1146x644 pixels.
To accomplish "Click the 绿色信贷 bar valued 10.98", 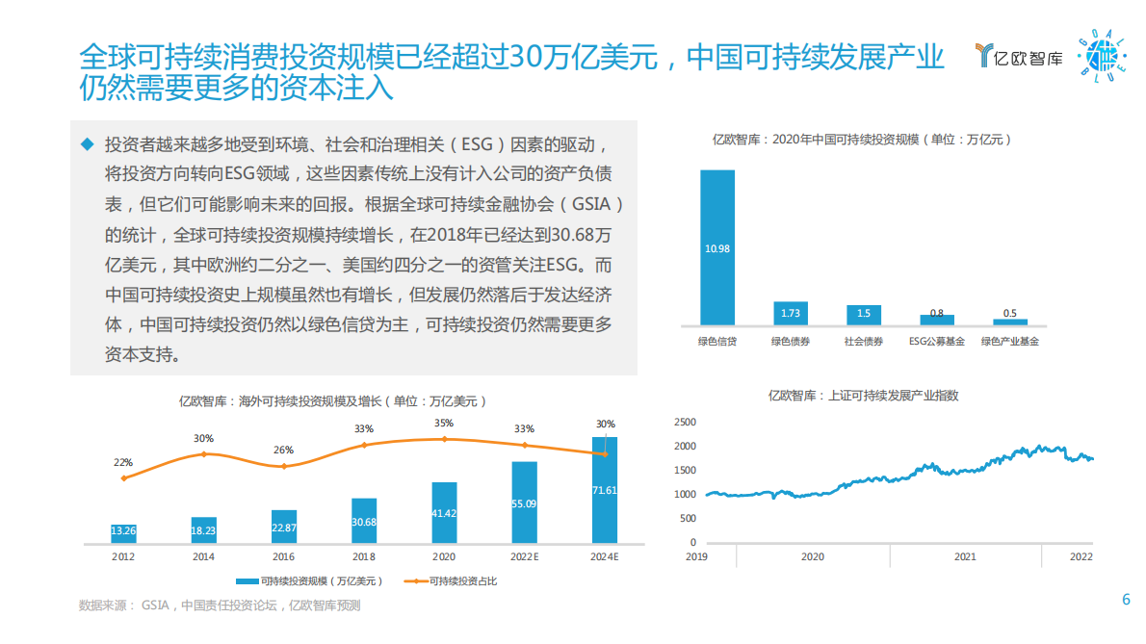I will (x=717, y=247).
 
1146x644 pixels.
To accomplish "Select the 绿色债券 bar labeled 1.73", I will (x=791, y=313).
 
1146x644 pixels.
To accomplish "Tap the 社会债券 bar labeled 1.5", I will (x=864, y=314).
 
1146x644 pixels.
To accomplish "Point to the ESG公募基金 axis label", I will (x=936, y=341).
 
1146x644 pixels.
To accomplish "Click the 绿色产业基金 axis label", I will (x=1010, y=341).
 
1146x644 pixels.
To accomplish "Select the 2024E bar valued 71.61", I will (x=605, y=490).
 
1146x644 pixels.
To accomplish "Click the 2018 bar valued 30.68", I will (x=364, y=521).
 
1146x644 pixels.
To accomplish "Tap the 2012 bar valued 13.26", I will (x=123, y=531).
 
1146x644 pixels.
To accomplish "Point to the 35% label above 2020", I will (x=444, y=424).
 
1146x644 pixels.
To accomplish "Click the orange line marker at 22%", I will (x=123, y=478).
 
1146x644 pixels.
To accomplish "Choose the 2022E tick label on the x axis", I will (x=524, y=556).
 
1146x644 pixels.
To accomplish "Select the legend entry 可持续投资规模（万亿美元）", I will (x=310, y=580).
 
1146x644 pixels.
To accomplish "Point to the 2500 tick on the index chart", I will (x=685, y=423).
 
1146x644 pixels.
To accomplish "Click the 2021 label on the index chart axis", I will (x=965, y=556).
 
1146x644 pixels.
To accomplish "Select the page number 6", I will (x=1126, y=600).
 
